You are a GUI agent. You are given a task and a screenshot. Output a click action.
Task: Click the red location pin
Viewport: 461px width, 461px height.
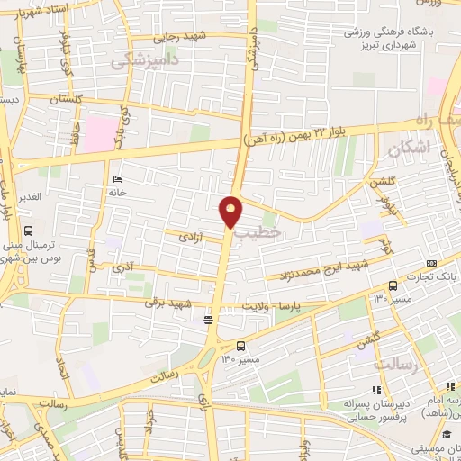(x=231, y=211)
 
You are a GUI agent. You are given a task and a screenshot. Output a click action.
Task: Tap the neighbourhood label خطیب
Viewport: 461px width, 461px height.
(x=258, y=232)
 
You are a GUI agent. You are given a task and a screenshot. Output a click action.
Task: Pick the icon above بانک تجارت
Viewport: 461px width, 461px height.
(x=430, y=262)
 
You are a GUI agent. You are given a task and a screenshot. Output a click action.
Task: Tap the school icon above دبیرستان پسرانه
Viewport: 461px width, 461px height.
(x=376, y=389)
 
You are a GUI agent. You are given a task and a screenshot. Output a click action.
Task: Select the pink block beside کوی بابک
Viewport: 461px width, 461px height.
(x=101, y=134)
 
